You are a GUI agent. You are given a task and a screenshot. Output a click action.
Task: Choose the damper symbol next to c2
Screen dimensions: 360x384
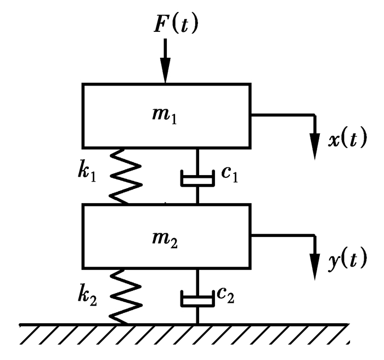[x=197, y=300]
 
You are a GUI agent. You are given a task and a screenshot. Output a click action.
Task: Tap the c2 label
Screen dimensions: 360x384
[x=225, y=296]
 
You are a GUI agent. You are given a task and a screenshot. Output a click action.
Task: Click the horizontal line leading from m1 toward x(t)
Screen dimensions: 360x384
[x=283, y=115]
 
